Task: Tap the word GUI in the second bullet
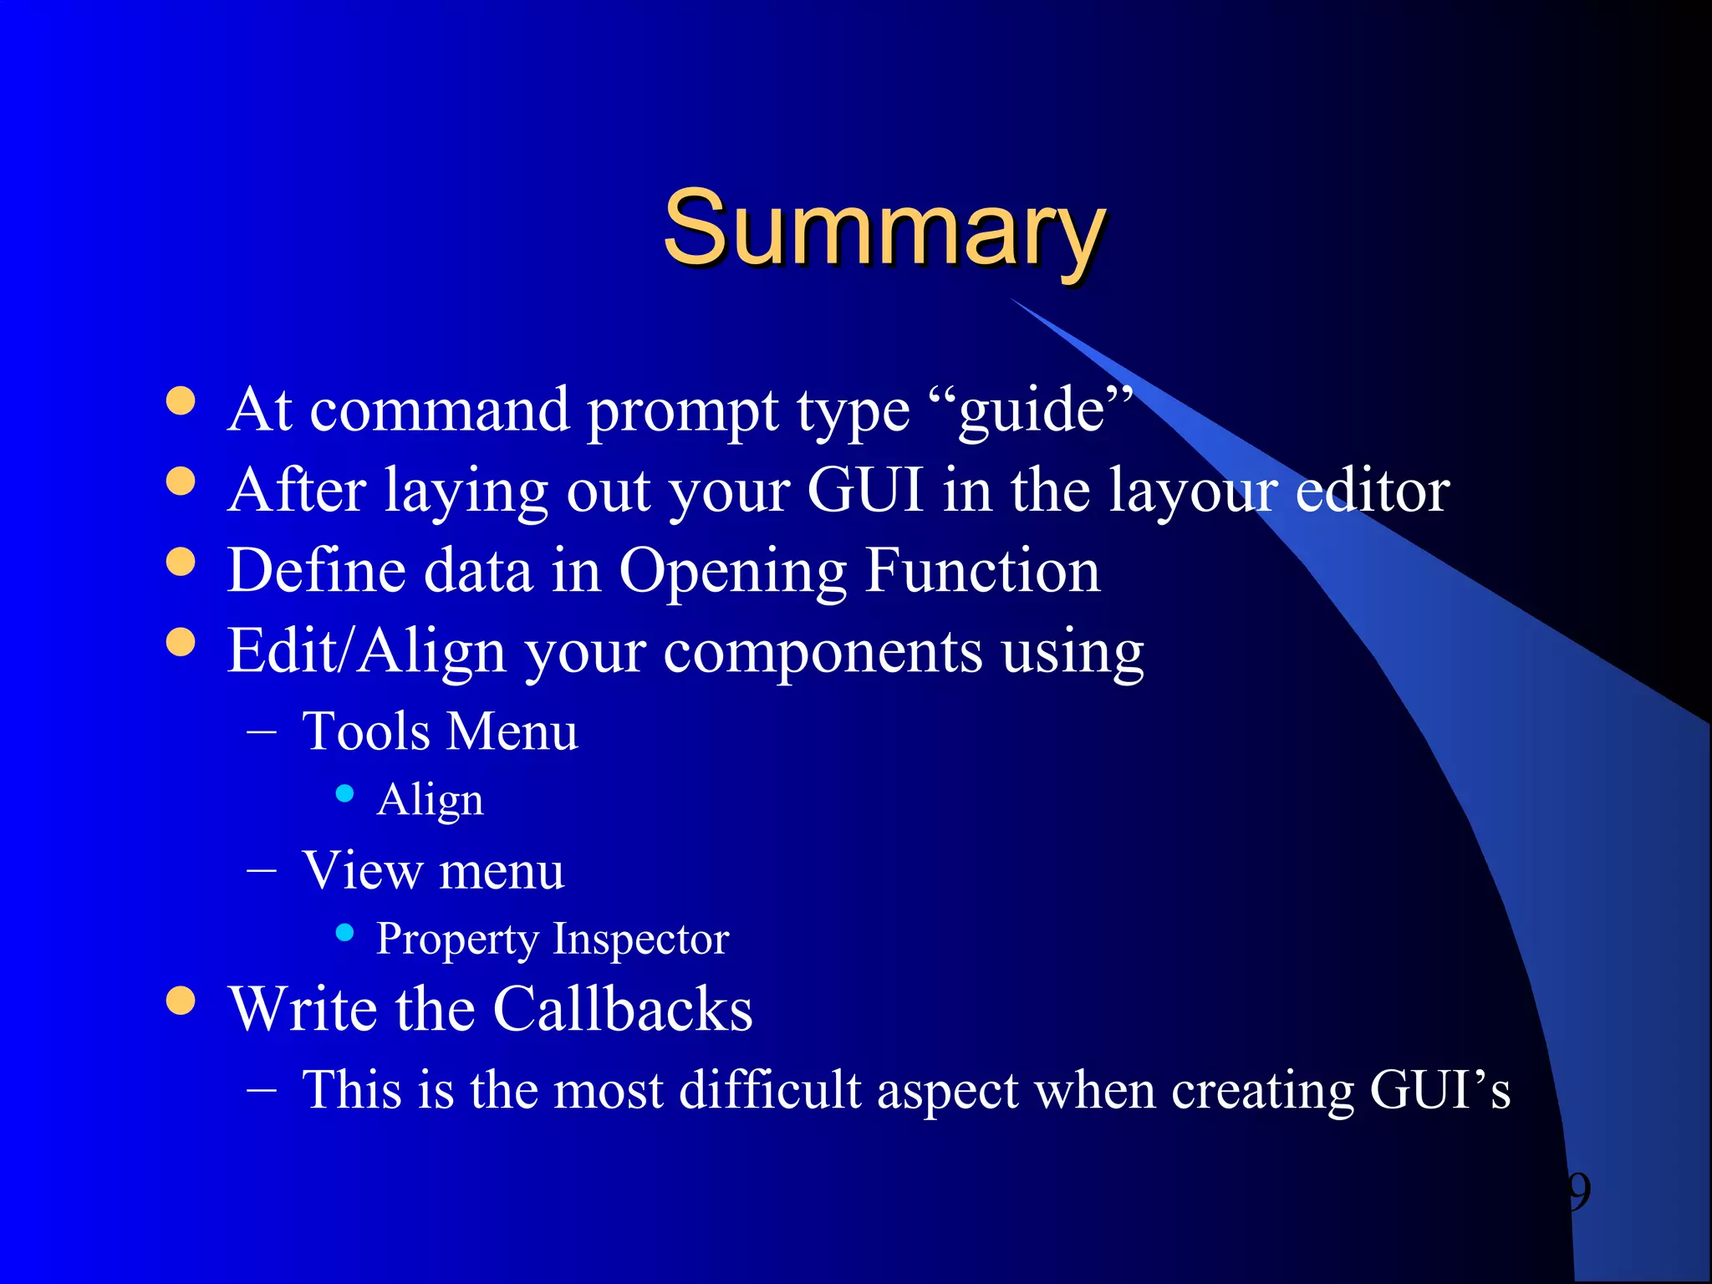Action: pyautogui.click(x=864, y=491)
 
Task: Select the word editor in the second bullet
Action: pyautogui.click(x=1373, y=491)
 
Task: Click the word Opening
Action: pyautogui.click(x=732, y=573)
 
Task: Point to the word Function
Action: pyautogui.click(x=982, y=571)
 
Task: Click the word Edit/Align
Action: pyautogui.click(x=367, y=651)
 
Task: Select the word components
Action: pyautogui.click(x=823, y=653)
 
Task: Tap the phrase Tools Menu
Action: pyautogui.click(x=440, y=731)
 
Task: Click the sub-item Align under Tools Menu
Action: pyautogui.click(x=430, y=801)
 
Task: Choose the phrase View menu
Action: pyautogui.click(x=433, y=871)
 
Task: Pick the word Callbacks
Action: pyautogui.click(x=623, y=1010)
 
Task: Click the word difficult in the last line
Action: pyautogui.click(x=769, y=1090)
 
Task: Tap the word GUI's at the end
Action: pyautogui.click(x=1439, y=1090)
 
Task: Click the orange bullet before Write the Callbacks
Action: pyautogui.click(x=181, y=1000)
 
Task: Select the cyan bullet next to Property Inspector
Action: pyautogui.click(x=344, y=932)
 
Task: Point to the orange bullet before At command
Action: pyautogui.click(x=181, y=400)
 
